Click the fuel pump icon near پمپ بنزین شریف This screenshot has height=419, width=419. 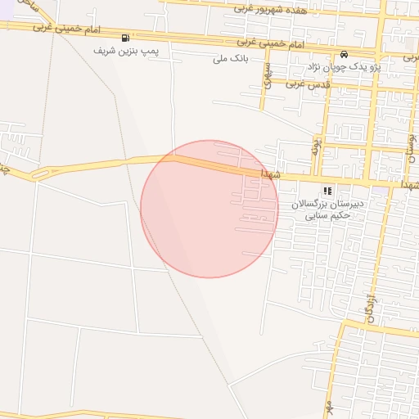coord(125,38)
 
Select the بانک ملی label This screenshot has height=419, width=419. coord(230,58)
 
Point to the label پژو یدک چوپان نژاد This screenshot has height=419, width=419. coord(342,65)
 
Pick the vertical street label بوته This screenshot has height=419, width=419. coord(315,147)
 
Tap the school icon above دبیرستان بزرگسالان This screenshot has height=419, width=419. coord(328,191)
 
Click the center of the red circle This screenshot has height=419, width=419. coord(209,209)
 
